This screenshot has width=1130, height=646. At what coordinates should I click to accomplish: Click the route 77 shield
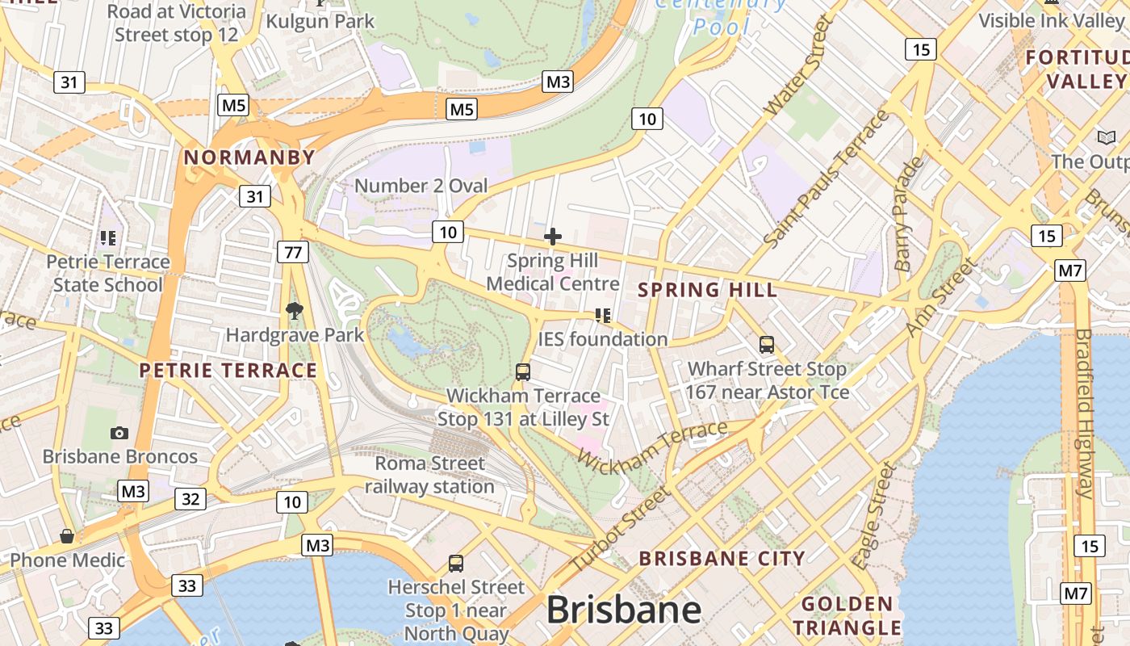pyautogui.click(x=292, y=252)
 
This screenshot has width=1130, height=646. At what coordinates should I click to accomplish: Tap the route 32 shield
pyautogui.click(x=190, y=499)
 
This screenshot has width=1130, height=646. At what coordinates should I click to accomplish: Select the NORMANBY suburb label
pyautogui.click(x=249, y=157)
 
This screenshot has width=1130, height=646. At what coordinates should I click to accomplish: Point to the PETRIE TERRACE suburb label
pyautogui.click(x=228, y=371)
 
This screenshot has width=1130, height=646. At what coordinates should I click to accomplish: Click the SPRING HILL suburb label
pyautogui.click(x=708, y=290)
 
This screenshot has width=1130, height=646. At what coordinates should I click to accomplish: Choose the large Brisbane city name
pyautogui.click(x=623, y=610)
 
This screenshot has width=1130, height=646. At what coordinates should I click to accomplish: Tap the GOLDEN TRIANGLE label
pyautogui.click(x=847, y=615)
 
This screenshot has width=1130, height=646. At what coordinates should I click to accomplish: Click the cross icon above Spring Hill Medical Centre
pyautogui.click(x=553, y=237)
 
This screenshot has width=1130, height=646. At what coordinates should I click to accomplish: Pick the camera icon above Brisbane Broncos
pyautogui.click(x=119, y=434)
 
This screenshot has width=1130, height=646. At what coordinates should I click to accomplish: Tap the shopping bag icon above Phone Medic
pyautogui.click(x=67, y=536)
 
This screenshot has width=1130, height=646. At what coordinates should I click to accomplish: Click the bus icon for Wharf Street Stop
pyautogui.click(x=767, y=345)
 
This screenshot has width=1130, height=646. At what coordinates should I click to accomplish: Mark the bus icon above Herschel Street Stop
pyautogui.click(x=456, y=563)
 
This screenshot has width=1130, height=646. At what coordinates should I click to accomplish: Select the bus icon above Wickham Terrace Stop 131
pyautogui.click(x=523, y=372)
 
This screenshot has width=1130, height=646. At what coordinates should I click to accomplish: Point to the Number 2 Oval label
pyautogui.click(x=421, y=186)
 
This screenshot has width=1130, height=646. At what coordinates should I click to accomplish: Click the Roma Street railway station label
pyautogui.click(x=429, y=475)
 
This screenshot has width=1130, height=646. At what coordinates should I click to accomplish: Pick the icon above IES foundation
pyautogui.click(x=603, y=315)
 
